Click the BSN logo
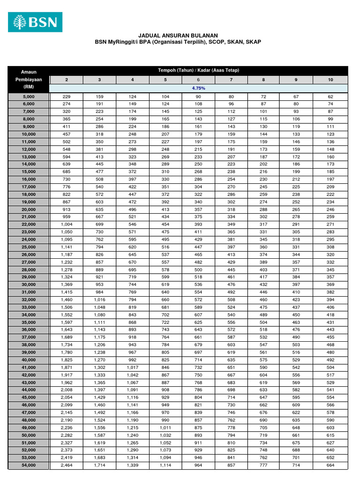(x=35, y=22)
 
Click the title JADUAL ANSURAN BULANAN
(x=178, y=35)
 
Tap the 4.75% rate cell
(x=198, y=88)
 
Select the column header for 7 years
(x=231, y=80)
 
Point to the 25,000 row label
(x=28, y=247)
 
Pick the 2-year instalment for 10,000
(x=67, y=134)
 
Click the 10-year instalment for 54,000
(x=330, y=465)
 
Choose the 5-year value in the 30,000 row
(x=165, y=284)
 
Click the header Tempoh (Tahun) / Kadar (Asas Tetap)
(x=198, y=70)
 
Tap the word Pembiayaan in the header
(x=28, y=80)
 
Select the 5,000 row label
(x=28, y=96)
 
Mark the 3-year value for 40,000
(x=99, y=360)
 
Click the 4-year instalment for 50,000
(x=133, y=435)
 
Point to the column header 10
(x=330, y=80)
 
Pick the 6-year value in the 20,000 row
(x=198, y=209)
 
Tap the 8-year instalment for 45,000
(x=263, y=397)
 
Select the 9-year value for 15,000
(x=296, y=172)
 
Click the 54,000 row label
(x=28, y=465)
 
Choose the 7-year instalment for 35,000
(x=231, y=322)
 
